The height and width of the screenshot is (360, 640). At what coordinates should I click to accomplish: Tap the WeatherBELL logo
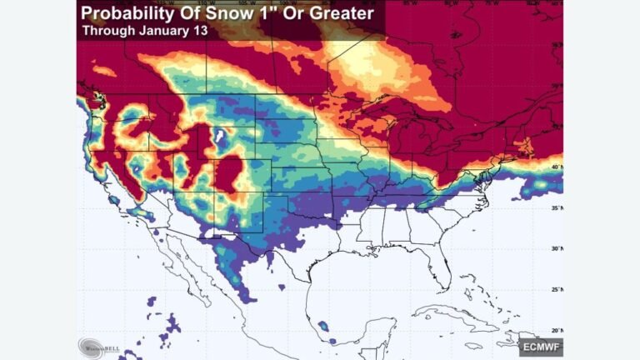(x=99, y=345)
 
